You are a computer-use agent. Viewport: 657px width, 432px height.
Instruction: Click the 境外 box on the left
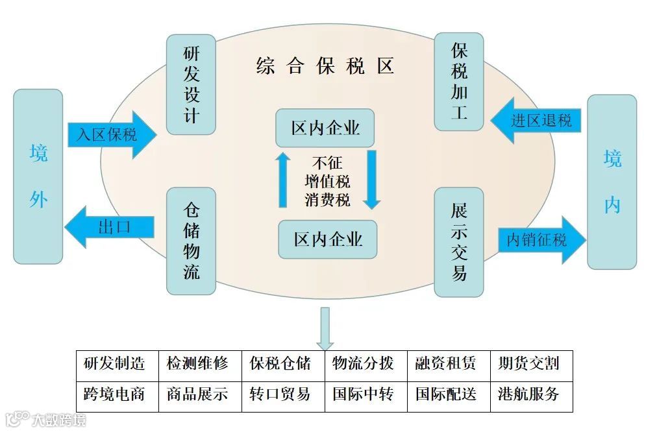point(38,176)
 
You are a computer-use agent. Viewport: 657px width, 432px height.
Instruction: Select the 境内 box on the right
point(612,182)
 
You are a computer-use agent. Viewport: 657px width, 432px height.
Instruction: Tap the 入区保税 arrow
point(110,135)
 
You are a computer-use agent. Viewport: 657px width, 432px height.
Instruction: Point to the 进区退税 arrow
point(536,121)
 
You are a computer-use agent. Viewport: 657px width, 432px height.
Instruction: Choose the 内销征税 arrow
point(540,240)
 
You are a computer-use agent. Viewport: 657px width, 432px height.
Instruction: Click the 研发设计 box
point(191,84)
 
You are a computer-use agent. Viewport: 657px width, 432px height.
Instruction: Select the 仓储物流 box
point(191,241)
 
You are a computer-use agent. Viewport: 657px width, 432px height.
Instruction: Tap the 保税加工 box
point(459,82)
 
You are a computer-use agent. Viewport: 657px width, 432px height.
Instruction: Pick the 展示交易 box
point(459,242)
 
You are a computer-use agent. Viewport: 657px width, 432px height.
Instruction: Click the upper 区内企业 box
point(325,128)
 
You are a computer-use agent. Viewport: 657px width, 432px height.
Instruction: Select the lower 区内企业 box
point(328,239)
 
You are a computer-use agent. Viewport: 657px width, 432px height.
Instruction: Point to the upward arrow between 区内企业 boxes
point(282,180)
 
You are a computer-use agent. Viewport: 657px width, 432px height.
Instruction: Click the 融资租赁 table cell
point(449,363)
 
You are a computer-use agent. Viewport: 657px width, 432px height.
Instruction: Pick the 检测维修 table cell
point(200,363)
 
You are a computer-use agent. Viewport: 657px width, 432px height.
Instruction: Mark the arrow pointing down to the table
point(325,329)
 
